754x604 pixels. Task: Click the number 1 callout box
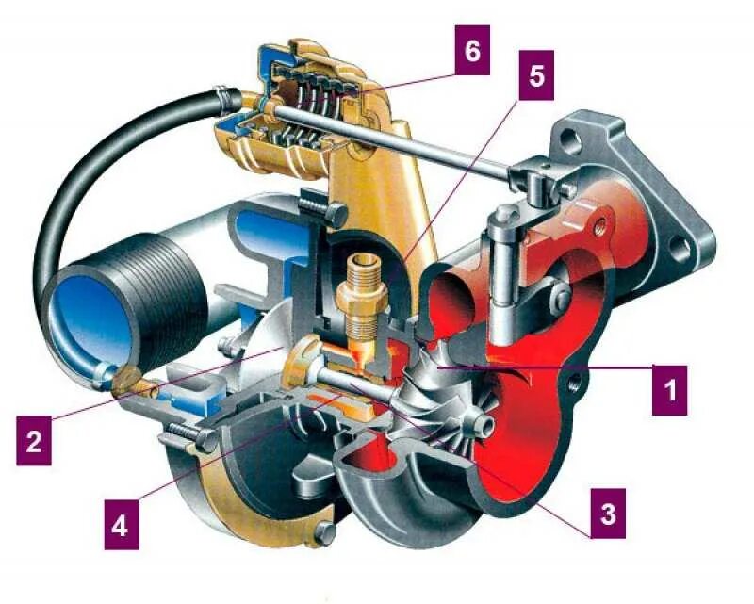tap(669, 387)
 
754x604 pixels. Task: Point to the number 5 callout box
tap(536, 75)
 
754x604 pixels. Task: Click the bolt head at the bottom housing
tap(324, 538)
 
